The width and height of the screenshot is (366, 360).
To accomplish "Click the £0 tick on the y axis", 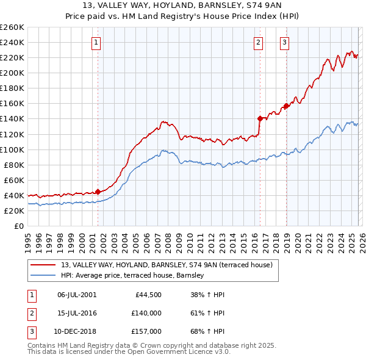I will point(18,226).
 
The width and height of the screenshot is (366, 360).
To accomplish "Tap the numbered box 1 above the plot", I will point(97,42).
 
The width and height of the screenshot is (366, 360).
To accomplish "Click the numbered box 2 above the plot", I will point(259,42).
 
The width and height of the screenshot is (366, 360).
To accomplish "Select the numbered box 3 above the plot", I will point(285,42).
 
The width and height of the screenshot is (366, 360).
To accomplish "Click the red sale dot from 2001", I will point(98,192).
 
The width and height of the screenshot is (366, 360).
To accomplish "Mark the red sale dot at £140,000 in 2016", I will point(260,118).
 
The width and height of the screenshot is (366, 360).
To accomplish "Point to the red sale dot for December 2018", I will point(285,106).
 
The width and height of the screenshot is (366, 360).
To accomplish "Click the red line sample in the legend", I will point(44,265).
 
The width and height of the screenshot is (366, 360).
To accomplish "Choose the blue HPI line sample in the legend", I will point(44,276).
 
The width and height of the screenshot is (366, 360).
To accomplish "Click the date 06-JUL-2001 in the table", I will point(76,295).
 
